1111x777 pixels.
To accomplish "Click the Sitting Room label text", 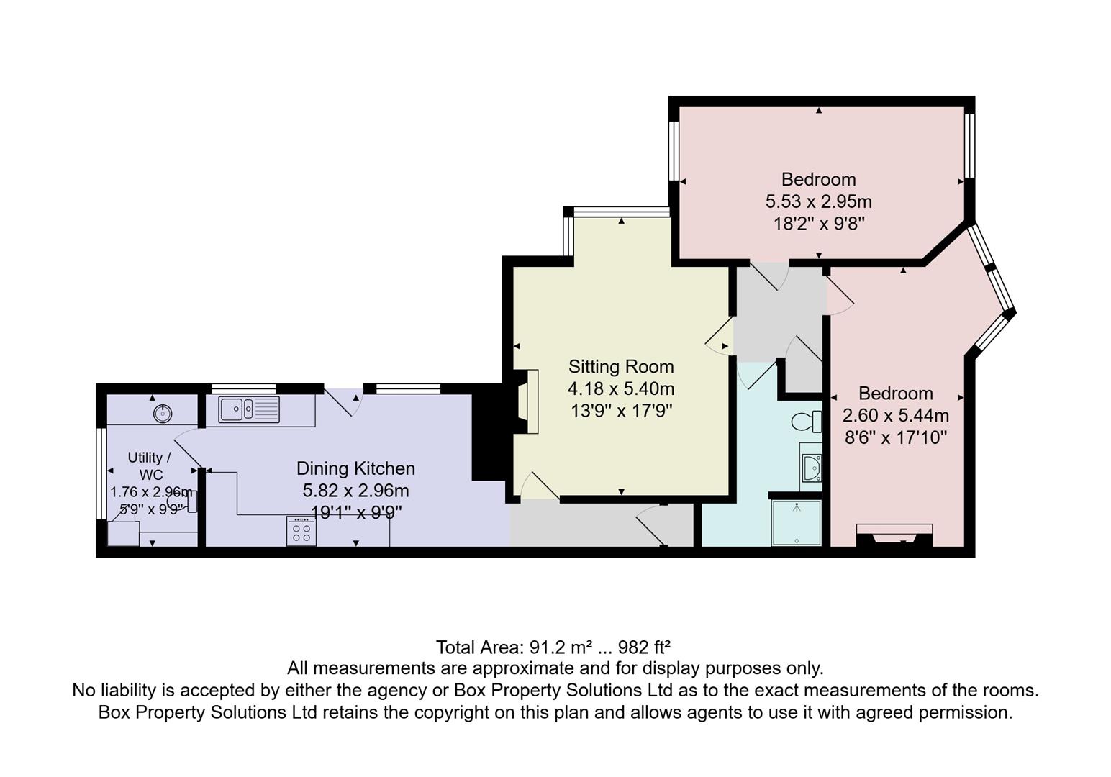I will click(621, 367).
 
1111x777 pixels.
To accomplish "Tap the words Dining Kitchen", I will click(355, 468).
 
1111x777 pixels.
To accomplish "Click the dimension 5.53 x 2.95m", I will click(818, 201).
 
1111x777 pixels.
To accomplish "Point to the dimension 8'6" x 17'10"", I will click(895, 437).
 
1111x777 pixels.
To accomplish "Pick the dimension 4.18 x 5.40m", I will click(621, 389).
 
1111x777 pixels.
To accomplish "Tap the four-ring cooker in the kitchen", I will click(301, 532).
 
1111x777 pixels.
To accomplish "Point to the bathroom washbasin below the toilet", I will click(812, 468).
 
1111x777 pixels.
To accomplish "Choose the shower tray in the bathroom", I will click(796, 522).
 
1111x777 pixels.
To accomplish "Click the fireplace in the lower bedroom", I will click(894, 536).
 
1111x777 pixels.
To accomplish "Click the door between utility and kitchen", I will click(188, 450).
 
